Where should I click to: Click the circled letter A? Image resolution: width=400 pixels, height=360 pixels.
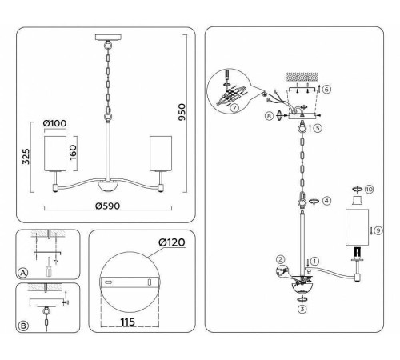click(23, 273)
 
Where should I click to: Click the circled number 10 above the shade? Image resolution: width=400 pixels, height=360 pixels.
click(369, 190)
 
